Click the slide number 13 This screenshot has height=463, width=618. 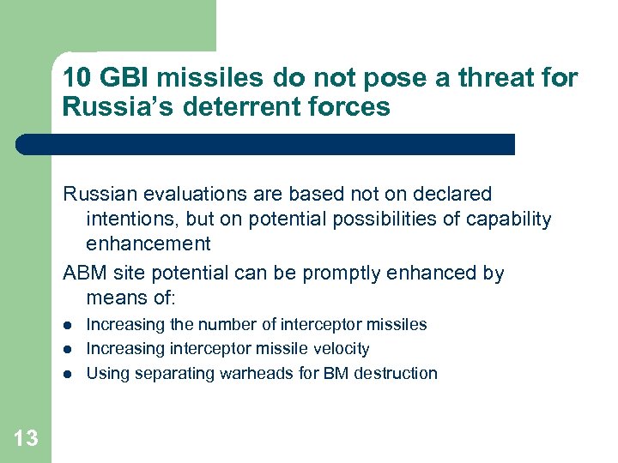pos(26,439)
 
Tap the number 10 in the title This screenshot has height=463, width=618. pos(76,79)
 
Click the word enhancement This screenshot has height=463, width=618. pos(148,244)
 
